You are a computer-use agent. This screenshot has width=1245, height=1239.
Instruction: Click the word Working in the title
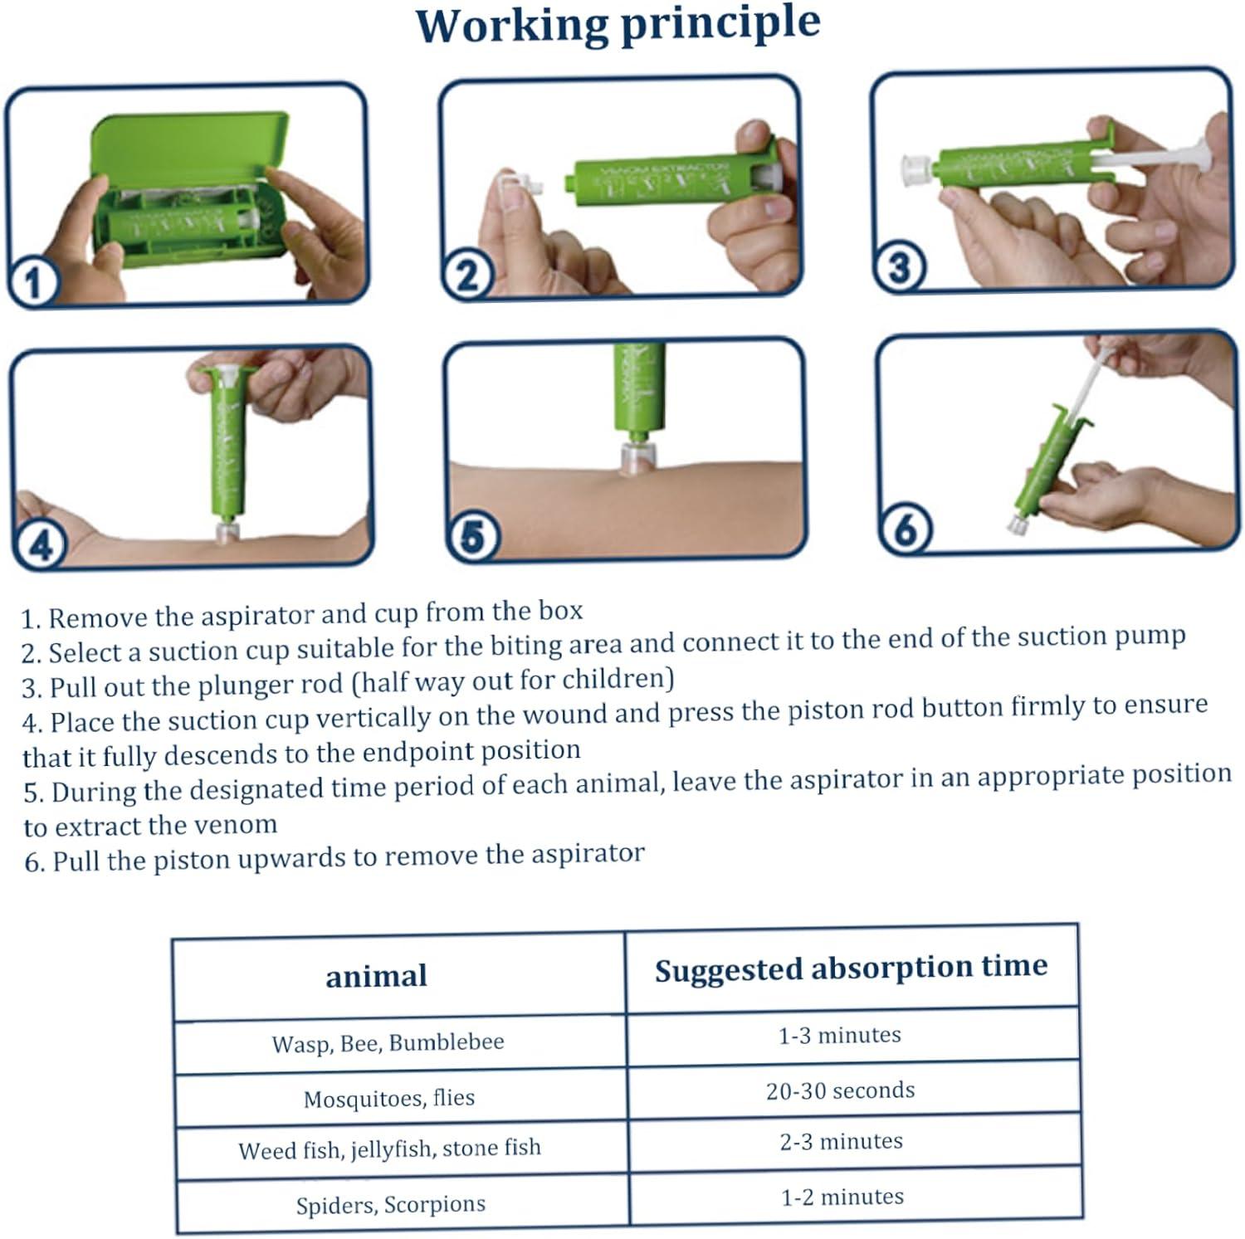coord(512,27)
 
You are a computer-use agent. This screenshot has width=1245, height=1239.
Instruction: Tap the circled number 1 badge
coord(32,282)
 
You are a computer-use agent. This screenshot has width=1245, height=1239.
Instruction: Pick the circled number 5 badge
coord(471,536)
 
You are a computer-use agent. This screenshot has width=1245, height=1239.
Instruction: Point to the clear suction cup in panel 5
coord(637,457)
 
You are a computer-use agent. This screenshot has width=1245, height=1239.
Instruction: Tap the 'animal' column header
coord(376,976)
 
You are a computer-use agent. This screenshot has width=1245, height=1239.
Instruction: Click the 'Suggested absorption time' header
coord(851,968)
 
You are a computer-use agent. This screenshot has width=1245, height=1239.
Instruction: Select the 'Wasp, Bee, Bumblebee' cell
coord(388,1042)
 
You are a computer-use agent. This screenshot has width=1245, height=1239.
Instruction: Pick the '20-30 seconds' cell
coord(840,1090)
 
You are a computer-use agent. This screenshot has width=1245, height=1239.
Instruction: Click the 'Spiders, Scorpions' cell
coord(390,1204)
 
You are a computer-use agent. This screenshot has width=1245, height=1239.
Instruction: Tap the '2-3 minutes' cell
coord(841,1141)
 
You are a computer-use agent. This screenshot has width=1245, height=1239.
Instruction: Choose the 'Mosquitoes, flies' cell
coord(389,1098)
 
